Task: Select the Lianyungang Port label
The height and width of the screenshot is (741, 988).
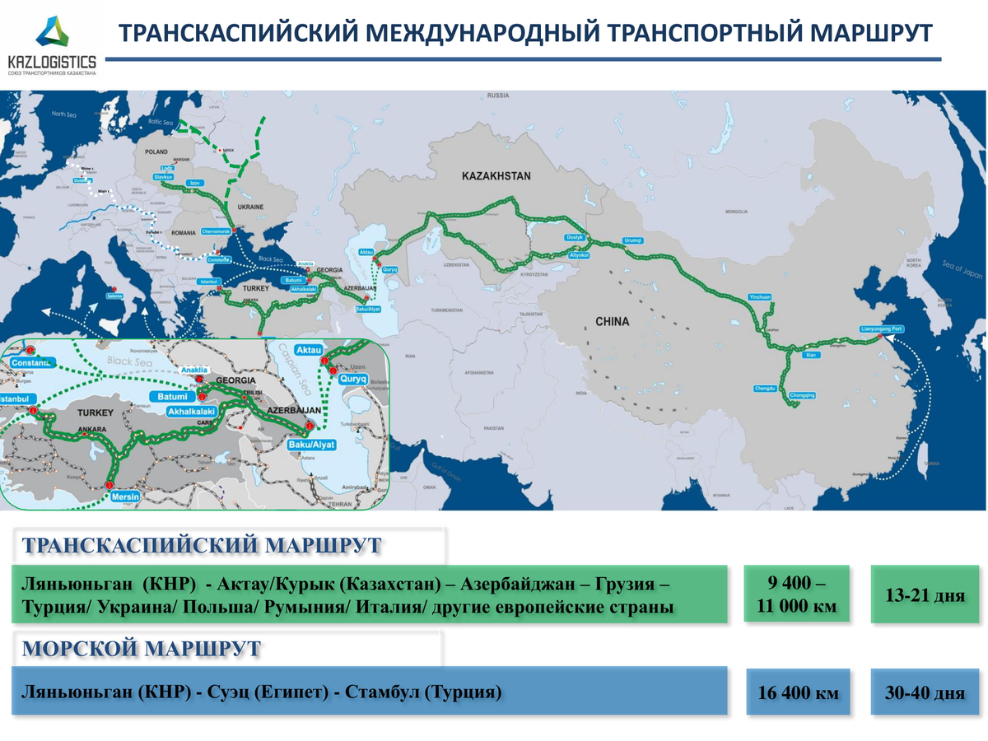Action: click(881, 329)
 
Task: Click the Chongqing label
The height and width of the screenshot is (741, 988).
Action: click(802, 395)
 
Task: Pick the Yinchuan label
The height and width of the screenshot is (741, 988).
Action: click(759, 296)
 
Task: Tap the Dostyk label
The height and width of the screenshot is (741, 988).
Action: click(574, 237)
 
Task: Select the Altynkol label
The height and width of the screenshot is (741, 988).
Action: click(579, 256)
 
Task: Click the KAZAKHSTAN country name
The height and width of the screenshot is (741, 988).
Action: click(496, 176)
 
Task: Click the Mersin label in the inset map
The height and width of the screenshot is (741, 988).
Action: click(126, 496)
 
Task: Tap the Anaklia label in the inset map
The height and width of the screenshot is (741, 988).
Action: click(194, 370)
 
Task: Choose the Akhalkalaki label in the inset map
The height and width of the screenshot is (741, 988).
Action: click(191, 410)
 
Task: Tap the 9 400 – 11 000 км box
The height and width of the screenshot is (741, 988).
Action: click(797, 594)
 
